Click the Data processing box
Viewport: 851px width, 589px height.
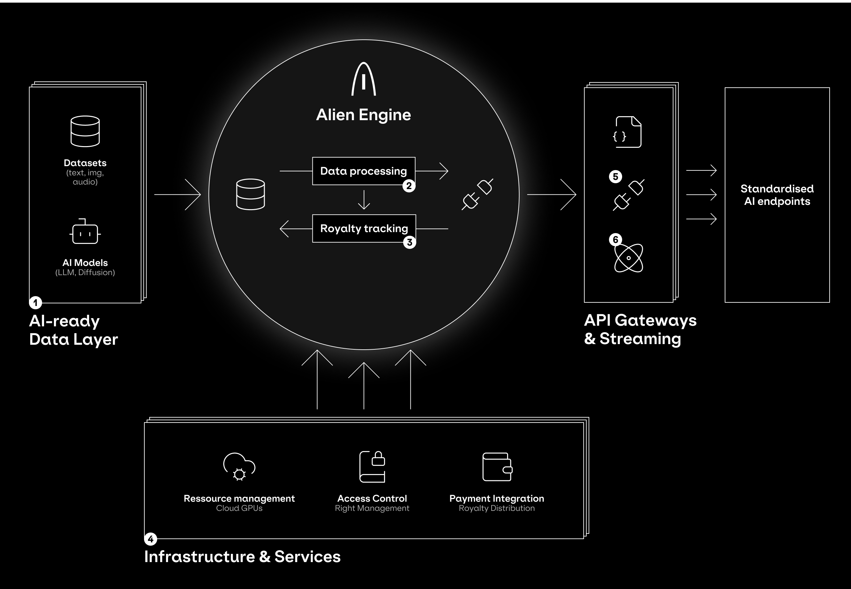click(x=364, y=171)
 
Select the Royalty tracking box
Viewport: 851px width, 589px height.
click(x=364, y=229)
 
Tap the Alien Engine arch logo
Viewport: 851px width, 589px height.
click(x=364, y=79)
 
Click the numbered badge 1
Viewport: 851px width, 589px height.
click(x=36, y=303)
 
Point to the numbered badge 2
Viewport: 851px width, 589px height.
click(x=409, y=185)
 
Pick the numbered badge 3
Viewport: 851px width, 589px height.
click(x=409, y=243)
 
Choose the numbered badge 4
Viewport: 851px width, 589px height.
click(x=150, y=539)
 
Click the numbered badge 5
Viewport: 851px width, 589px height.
click(x=615, y=176)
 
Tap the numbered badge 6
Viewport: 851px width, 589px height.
click(x=615, y=240)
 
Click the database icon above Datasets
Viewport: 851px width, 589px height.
click(x=85, y=131)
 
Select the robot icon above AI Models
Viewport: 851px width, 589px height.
click(x=85, y=232)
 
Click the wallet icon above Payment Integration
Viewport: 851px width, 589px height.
click(x=497, y=467)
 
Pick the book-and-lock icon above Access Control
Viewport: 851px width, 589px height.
click(x=372, y=467)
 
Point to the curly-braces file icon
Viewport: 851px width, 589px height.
click(x=628, y=132)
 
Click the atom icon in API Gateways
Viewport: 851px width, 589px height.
click(x=629, y=258)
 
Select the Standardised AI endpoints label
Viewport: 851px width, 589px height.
click(x=777, y=195)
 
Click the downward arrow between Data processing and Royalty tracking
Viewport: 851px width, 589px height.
click(x=364, y=200)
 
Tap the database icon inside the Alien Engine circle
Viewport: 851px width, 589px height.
click(x=251, y=194)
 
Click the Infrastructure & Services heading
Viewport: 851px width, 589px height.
click(x=242, y=556)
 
